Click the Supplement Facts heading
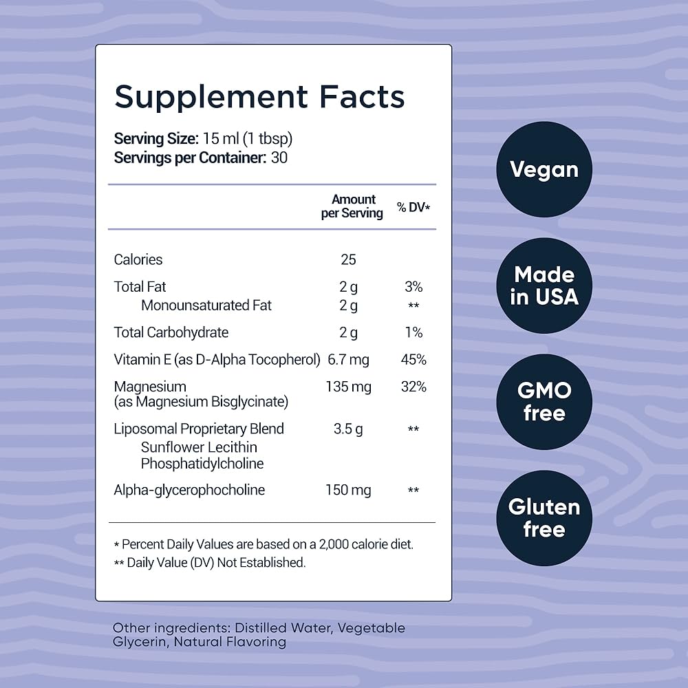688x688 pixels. [259, 96]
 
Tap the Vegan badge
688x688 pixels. [544, 169]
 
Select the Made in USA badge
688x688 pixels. [544, 286]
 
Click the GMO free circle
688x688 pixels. [544, 402]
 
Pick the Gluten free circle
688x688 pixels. [544, 518]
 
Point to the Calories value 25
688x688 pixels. [348, 259]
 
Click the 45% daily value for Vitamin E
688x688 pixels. [413, 359]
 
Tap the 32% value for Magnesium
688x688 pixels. [413, 387]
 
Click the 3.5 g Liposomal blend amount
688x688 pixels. [348, 429]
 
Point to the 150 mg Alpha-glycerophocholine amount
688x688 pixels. [348, 490]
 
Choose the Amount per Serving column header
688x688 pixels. [352, 206]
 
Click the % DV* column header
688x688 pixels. [413, 207]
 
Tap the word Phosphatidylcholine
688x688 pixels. [202, 464]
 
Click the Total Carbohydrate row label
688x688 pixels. [171, 332]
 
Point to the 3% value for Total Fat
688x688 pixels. [413, 287]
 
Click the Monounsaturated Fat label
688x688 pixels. [206, 305]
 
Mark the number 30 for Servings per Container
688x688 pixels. [279, 157]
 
